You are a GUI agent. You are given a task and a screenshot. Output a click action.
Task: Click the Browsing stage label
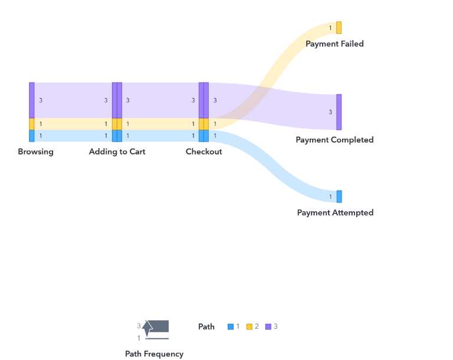tap(35, 152)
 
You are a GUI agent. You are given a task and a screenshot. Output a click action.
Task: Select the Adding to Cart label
tap(117, 152)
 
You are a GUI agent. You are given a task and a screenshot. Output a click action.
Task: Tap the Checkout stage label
tap(203, 152)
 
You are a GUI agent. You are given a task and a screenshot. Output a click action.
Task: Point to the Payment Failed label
tap(334, 44)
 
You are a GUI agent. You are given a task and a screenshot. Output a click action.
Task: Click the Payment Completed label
tap(334, 140)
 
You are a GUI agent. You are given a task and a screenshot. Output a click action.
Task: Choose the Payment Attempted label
tap(335, 212)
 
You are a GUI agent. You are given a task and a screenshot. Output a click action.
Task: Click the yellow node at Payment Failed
tap(339, 28)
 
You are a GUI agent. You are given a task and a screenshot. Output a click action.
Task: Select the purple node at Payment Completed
tap(339, 112)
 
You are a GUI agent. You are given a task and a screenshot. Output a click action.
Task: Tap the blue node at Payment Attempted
tap(339, 197)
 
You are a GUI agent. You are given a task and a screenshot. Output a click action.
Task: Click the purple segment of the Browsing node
tap(32, 100)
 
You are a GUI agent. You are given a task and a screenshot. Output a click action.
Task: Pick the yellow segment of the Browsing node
tap(32, 124)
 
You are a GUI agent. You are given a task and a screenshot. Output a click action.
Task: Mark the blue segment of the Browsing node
tap(32, 136)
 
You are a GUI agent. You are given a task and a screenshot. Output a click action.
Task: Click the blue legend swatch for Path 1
tap(231, 326)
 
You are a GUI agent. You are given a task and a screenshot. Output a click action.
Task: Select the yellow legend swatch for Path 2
tap(250, 326)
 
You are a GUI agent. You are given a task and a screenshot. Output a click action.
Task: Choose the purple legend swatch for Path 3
tap(268, 326)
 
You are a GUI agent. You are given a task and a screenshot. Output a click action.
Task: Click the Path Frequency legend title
tap(154, 354)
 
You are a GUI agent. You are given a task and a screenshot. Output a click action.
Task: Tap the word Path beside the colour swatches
tap(206, 326)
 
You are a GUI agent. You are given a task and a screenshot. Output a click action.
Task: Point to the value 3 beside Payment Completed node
tap(330, 112)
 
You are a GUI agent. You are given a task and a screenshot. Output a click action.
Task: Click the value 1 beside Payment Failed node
tap(330, 28)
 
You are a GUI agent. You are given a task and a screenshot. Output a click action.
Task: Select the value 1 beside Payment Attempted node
tap(330, 197)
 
